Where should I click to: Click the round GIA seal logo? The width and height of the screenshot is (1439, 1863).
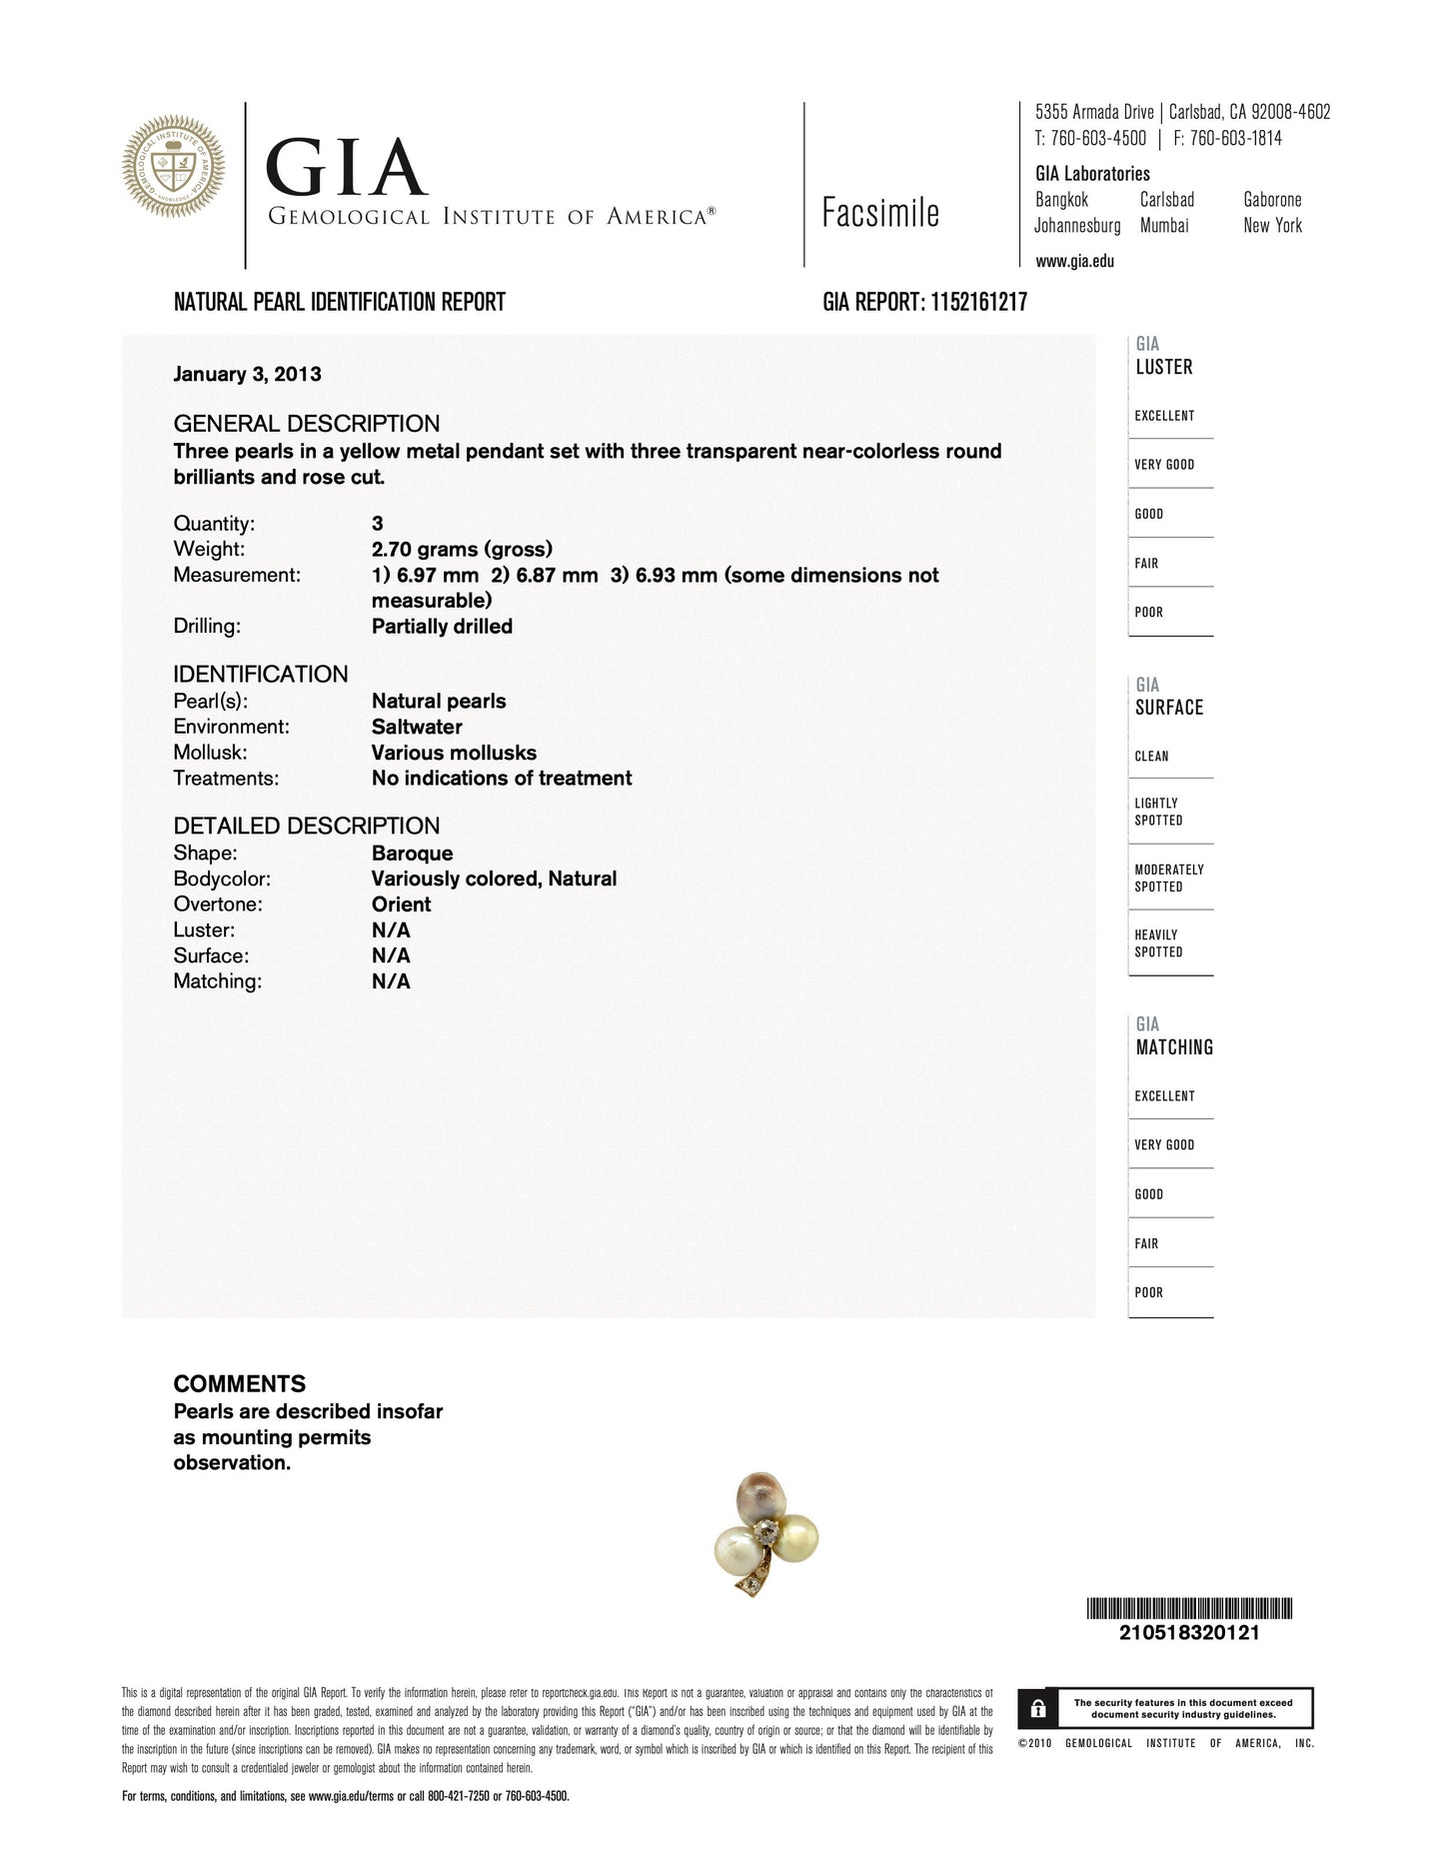pyautogui.click(x=173, y=167)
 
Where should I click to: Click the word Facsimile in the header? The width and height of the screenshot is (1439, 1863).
pyautogui.click(x=880, y=213)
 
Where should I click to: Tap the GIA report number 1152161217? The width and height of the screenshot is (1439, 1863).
pyautogui.click(x=978, y=302)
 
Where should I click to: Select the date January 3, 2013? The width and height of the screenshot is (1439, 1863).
pyautogui.click(x=247, y=374)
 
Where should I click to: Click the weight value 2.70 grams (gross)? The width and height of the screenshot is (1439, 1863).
pyautogui.click(x=462, y=549)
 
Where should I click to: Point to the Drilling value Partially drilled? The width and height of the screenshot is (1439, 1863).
pyautogui.click(x=442, y=627)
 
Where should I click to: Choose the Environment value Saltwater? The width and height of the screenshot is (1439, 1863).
pyautogui.click(x=417, y=727)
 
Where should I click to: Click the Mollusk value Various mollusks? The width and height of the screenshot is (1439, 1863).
pyautogui.click(x=454, y=753)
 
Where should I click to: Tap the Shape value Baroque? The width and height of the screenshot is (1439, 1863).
pyautogui.click(x=412, y=854)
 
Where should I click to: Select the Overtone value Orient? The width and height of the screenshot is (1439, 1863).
pyautogui.click(x=401, y=905)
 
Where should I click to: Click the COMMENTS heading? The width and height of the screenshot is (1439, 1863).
pyautogui.click(x=240, y=1384)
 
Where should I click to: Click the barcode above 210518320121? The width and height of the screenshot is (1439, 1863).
pyautogui.click(x=1189, y=1608)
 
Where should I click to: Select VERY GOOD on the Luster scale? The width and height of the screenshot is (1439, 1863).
pyautogui.click(x=1164, y=465)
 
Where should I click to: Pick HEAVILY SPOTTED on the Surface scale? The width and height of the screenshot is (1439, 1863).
pyautogui.click(x=1158, y=943)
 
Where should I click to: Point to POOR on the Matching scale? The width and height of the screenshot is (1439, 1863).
pyautogui.click(x=1149, y=1292)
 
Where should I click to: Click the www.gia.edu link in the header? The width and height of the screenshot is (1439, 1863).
pyautogui.click(x=1074, y=262)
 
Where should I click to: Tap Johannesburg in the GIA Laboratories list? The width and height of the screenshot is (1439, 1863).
pyautogui.click(x=1077, y=226)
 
